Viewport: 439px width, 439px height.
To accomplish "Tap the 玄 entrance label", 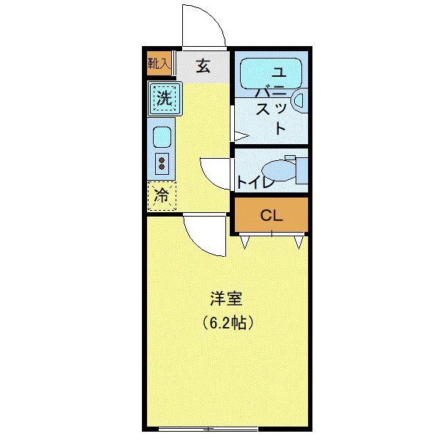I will tap(203, 66).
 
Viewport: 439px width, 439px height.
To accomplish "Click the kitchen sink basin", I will tap(162, 136).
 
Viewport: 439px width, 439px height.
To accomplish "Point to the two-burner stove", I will tap(162, 162).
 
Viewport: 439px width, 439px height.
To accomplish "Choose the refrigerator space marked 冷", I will tap(162, 195).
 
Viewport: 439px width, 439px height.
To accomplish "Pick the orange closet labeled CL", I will tap(271, 216).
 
